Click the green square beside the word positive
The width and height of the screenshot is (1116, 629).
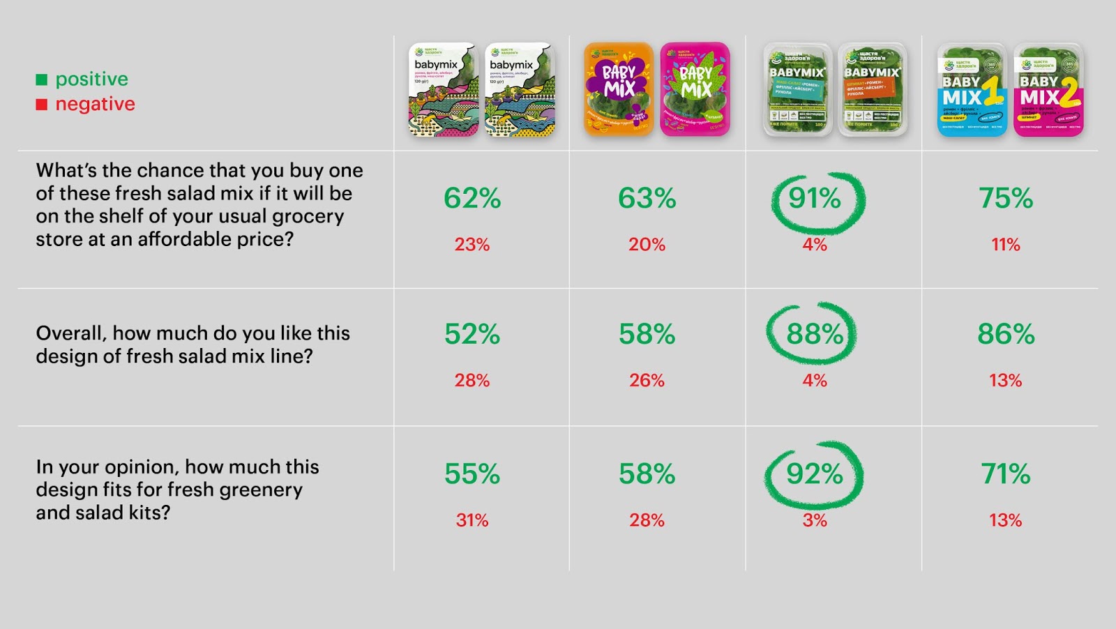coord(42,79)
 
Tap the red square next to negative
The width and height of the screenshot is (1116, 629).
coord(42,105)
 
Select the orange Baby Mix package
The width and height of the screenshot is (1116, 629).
coord(619,89)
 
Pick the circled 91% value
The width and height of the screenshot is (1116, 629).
coord(815,199)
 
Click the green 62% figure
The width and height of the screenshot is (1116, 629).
coord(472,199)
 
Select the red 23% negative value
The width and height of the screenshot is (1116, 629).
coord(472,245)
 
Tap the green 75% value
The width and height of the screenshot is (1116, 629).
coord(1005,199)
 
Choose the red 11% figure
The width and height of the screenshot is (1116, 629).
coord(1005,245)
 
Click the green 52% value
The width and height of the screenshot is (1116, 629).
coord(472,335)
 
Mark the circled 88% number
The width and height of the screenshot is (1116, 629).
coord(815,335)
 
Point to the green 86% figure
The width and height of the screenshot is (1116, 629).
coord(1005,335)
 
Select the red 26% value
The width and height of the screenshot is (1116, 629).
coord(647,381)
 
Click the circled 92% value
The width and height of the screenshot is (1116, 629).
coord(815,474)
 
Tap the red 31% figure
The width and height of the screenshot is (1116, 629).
coord(472,520)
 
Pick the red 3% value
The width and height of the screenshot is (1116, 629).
coord(815,520)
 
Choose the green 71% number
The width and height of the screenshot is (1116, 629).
coord(1005,474)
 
